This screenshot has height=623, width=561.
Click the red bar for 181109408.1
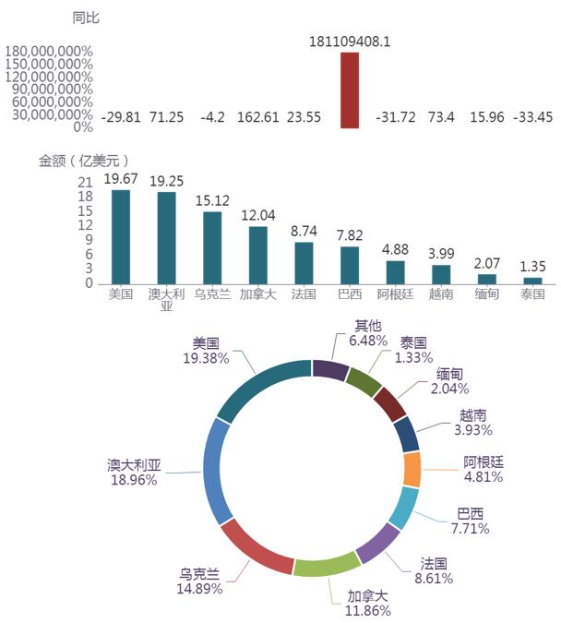(x=350, y=90)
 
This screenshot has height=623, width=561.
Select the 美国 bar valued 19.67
(x=121, y=236)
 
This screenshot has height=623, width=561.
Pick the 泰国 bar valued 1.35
(x=532, y=280)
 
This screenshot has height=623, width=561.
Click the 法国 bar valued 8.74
(x=304, y=262)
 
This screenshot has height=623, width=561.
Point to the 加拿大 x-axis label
(x=257, y=294)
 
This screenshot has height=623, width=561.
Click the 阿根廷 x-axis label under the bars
(x=395, y=294)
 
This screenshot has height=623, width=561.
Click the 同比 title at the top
(x=86, y=18)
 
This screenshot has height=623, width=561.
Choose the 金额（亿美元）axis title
(x=83, y=161)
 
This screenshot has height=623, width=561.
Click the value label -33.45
(x=532, y=117)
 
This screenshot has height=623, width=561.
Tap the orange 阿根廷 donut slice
(x=412, y=470)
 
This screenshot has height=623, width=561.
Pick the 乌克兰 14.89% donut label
(x=200, y=580)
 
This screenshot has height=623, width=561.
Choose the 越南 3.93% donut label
(x=472, y=423)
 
